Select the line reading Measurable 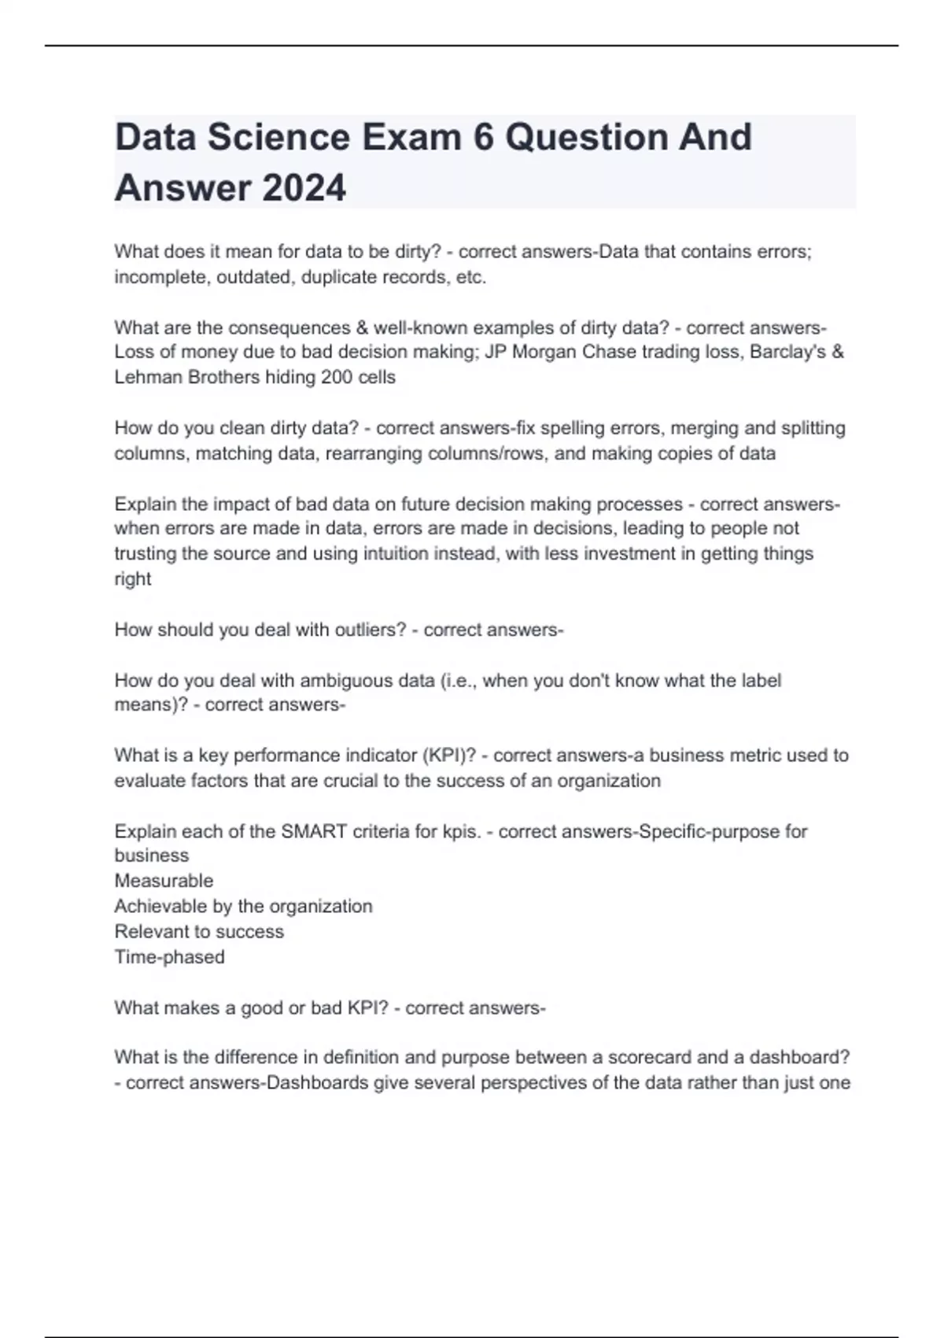coord(164,881)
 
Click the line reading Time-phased coord(169,957)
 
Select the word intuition coord(404,553)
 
